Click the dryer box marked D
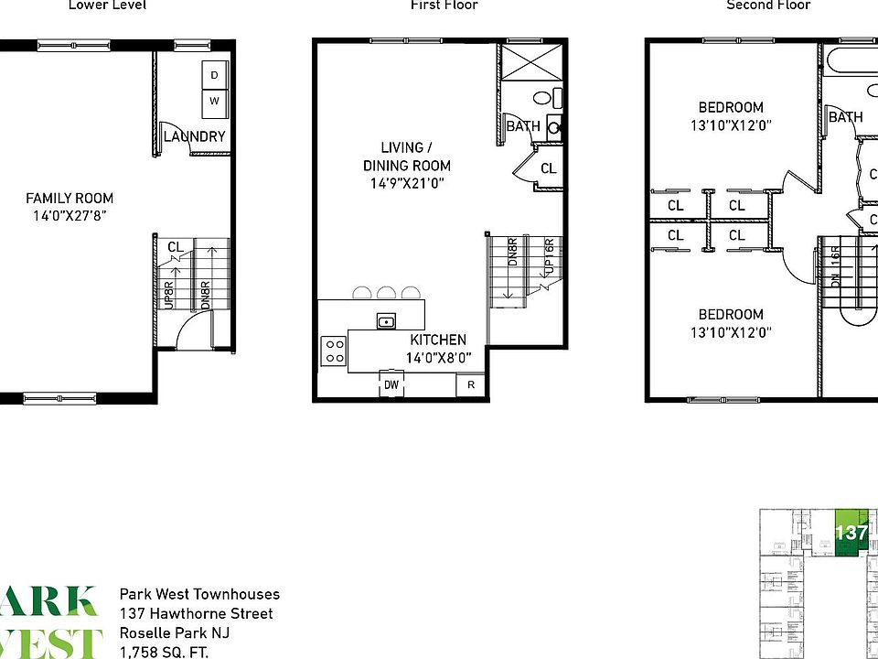[x=214, y=75]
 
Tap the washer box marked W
[x=214, y=101]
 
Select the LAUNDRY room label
[x=194, y=137]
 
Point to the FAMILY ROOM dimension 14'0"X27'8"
[x=70, y=217]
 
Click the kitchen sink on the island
[x=386, y=320]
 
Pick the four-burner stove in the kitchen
[x=333, y=351]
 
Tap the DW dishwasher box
[x=391, y=385]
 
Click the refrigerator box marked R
[x=471, y=385]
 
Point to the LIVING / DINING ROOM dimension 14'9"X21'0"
[x=407, y=183]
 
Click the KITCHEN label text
[x=438, y=340]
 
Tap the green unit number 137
[x=851, y=533]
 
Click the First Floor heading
[x=444, y=5]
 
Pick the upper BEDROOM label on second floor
[x=731, y=107]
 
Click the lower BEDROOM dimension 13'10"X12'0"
[x=731, y=333]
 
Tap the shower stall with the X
[x=528, y=64]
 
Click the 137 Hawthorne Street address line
[x=196, y=614]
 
